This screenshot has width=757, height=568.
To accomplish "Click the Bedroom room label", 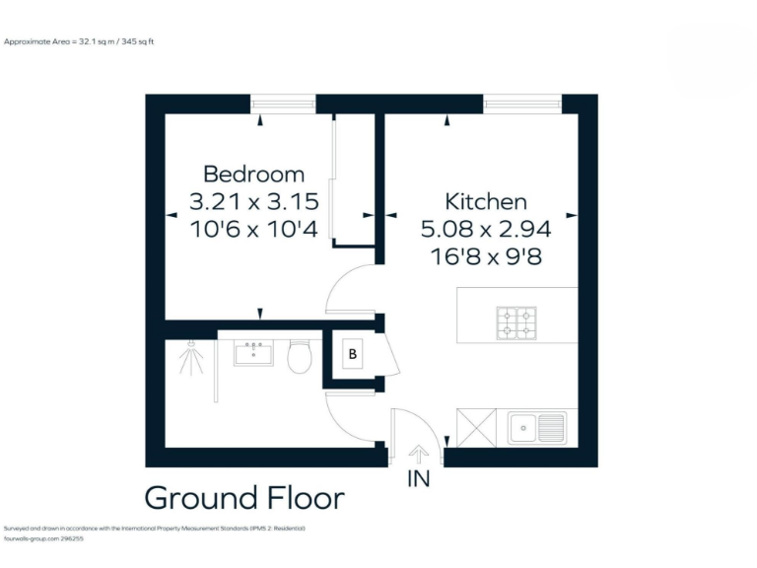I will tap(254, 175).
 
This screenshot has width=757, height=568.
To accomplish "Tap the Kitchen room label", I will tap(486, 202).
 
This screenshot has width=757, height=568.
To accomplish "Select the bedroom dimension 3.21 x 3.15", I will tap(254, 202).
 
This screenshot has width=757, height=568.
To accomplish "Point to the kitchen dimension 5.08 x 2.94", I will tap(486, 230).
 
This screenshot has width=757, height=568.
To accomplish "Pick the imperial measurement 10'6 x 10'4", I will tap(254, 230).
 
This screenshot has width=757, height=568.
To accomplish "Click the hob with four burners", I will tap(516, 323).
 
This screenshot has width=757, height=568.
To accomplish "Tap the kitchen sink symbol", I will tap(537, 428).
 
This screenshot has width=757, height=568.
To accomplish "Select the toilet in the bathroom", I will tap(300, 356).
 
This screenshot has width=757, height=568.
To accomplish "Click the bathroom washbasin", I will tap(253, 352).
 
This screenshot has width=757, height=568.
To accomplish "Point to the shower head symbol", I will tap(187, 359).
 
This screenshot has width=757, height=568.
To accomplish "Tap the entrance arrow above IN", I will tap(418, 453).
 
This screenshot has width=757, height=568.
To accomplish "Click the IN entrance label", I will tap(419, 480).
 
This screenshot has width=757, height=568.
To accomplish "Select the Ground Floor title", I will tap(244, 498).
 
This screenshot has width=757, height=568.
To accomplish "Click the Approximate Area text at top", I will tap(80, 41).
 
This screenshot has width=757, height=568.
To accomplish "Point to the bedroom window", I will tap(283, 103).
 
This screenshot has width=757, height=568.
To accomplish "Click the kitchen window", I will tap(522, 103).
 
